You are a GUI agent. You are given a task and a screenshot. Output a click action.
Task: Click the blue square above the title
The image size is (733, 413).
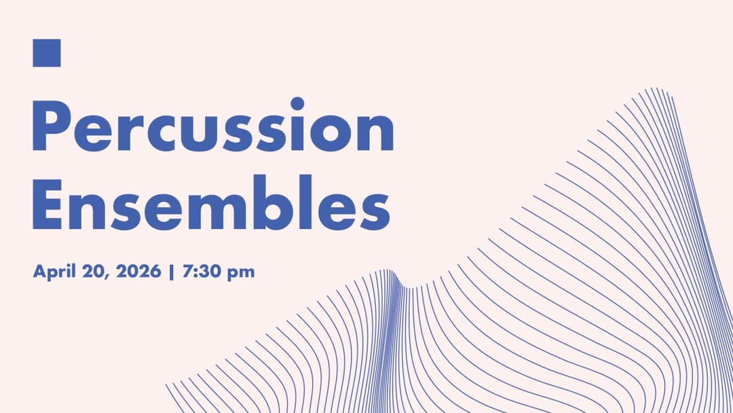point(47,53)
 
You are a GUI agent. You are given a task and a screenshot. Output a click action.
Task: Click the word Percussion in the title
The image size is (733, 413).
point(213,127)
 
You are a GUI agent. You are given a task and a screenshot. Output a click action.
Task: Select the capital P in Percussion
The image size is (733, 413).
point(50,127)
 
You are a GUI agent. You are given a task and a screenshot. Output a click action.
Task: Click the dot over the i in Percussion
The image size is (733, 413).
point(297,104)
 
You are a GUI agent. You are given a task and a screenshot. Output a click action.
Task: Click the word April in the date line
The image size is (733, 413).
point(53,272)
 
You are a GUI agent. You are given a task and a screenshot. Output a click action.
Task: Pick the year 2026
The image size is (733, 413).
point(138,272)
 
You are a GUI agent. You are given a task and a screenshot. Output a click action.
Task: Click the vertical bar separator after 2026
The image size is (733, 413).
point(172,272)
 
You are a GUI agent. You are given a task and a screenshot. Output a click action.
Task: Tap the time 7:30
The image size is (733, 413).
point(198,272)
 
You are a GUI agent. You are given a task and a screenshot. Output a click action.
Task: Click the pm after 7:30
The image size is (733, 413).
point(240,273)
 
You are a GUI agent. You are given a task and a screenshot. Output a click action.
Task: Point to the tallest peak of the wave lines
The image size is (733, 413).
point(655,90)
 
